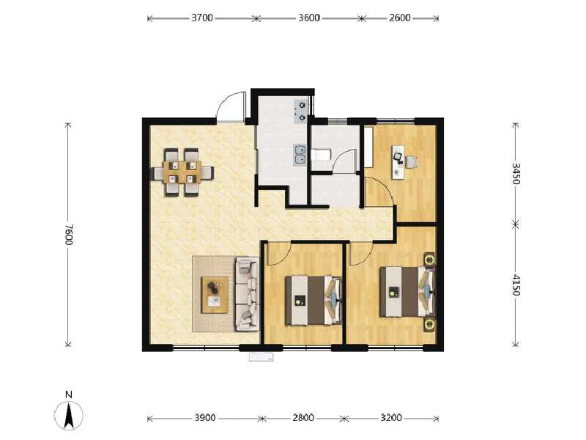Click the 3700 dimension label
[202, 18]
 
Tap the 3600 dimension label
[309, 18]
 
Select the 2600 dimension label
[400, 18]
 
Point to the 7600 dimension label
[69, 235]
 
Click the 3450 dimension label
[516, 173]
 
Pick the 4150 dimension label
[516, 285]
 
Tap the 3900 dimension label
[205, 417]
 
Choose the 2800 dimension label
[303, 417]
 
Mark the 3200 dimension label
[391, 417]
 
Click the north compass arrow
[69, 415]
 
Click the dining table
[182, 172]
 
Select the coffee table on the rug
[215, 295]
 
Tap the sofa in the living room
[247, 294]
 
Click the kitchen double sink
[300, 155]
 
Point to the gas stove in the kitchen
[300, 111]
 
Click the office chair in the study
[411, 161]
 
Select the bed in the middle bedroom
[314, 300]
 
